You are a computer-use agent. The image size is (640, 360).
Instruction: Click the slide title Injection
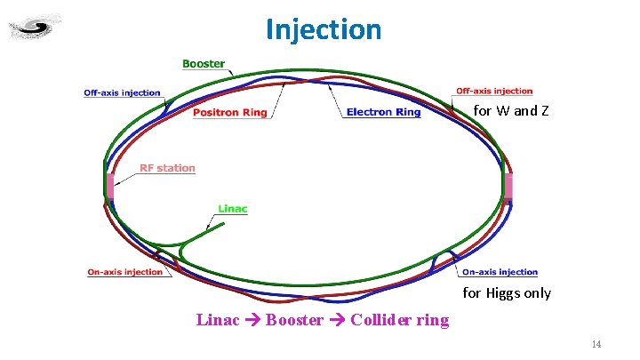pos(324,29)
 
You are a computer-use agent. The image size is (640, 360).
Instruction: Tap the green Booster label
pos(204,64)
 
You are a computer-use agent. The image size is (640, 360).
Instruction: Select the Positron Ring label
pos(229,113)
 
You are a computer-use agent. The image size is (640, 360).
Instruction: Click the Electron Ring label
pos(383,113)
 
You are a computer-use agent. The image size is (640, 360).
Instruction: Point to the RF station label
pos(167,168)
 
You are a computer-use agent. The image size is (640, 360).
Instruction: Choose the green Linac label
pos(232,209)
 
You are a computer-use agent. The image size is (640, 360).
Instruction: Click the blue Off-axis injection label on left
pos(123,92)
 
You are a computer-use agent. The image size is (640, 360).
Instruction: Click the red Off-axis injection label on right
pos(494,91)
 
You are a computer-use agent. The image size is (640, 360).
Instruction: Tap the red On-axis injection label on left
pos(125,272)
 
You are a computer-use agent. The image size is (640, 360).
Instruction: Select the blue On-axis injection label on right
pos(500,272)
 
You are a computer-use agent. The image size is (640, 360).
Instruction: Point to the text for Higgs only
pos(507,293)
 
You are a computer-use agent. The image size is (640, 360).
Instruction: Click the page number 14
pos(596,344)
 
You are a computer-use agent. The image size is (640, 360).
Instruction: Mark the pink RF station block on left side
pos(110,187)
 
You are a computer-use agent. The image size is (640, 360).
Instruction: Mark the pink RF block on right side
pos(508,187)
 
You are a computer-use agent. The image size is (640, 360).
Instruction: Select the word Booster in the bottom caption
pos(294,320)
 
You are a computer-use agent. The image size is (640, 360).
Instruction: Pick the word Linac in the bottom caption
pos(218,320)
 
